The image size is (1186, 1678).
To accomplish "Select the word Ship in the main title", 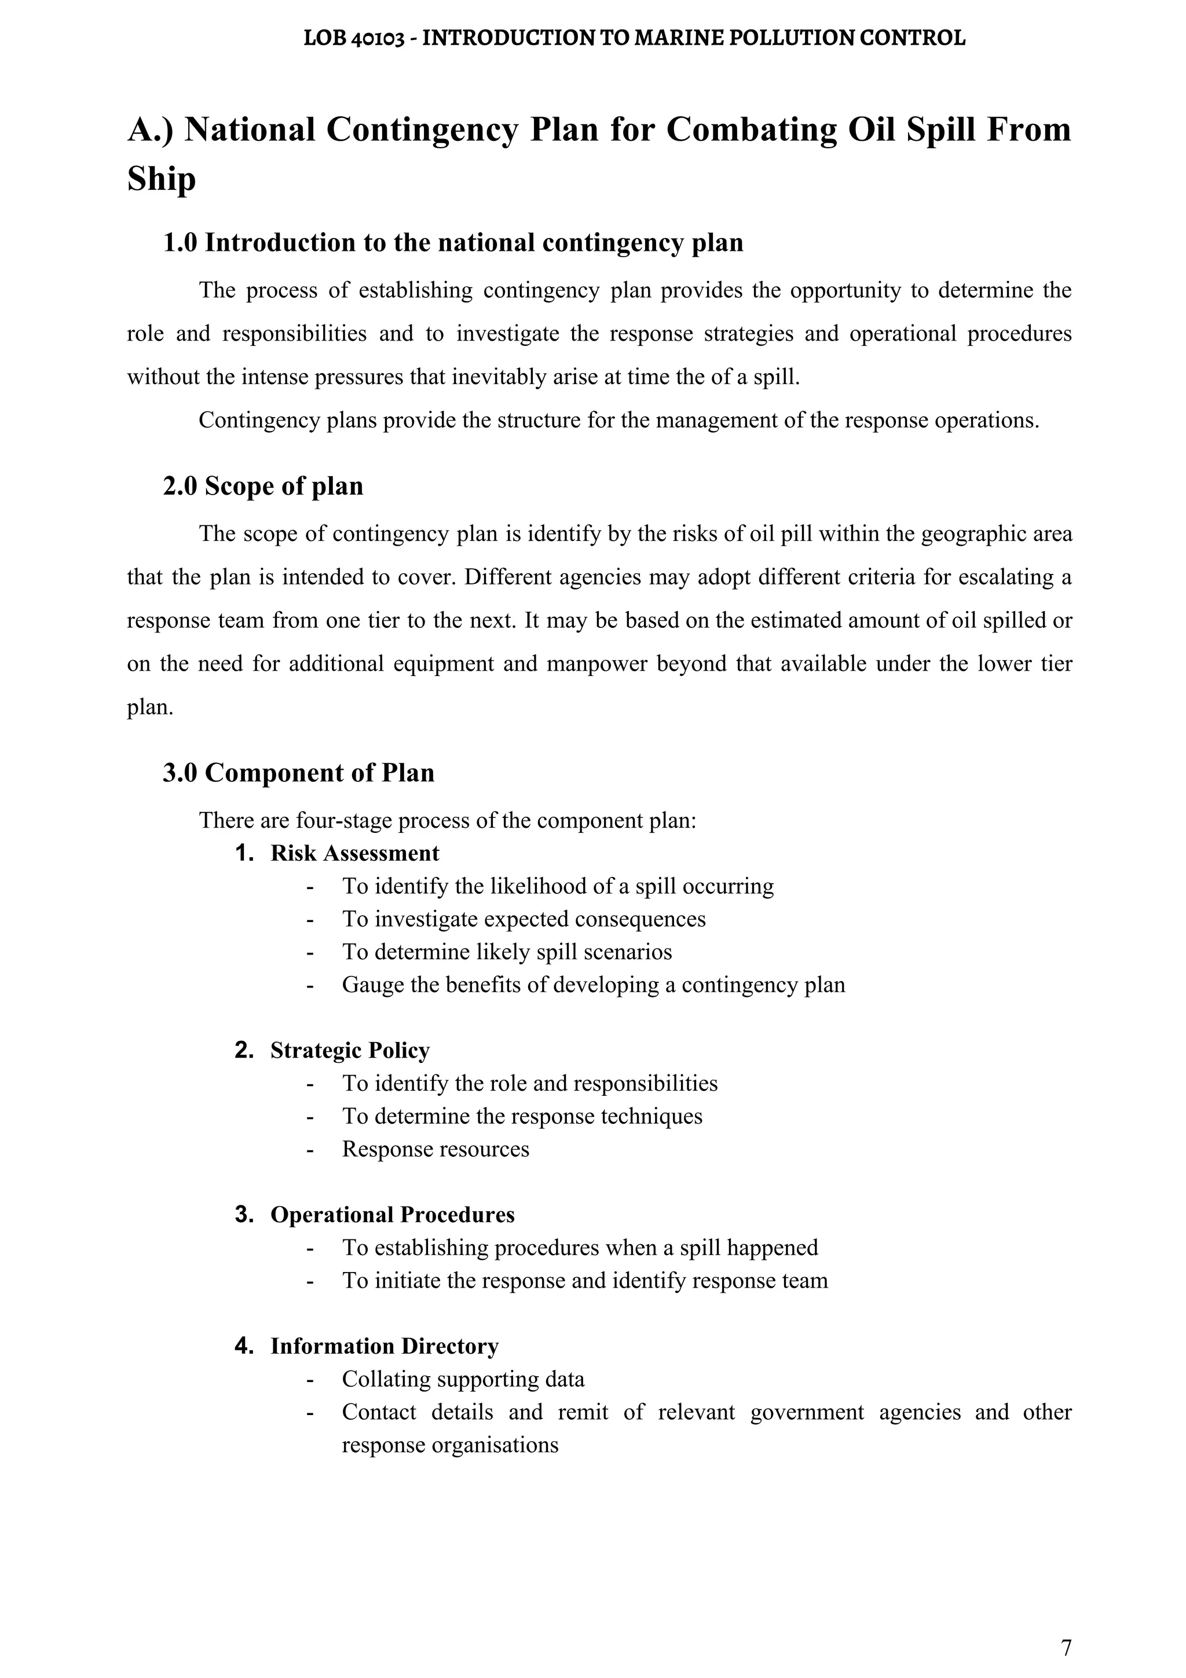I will pos(162,178).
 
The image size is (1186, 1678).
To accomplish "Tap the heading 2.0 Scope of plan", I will pos(262,486).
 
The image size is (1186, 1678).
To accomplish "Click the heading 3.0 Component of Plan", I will pos(298,773).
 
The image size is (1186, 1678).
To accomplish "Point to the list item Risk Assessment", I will pos(354,853).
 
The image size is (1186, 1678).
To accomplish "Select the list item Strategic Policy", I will pos(349,1050).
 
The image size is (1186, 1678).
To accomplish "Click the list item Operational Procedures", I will pos(393,1215).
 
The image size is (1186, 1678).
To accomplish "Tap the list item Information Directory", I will pos(385,1346).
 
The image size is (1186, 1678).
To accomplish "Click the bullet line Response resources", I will pos(435,1149).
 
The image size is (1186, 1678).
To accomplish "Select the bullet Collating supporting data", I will pos(463,1379).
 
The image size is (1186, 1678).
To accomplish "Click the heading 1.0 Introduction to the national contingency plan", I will pos(452,243).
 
